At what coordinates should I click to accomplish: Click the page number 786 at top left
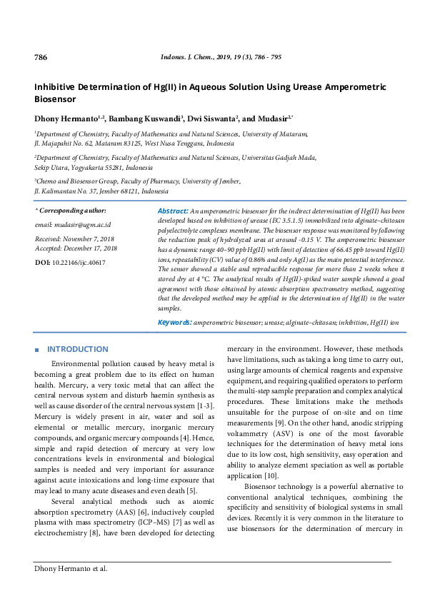(x=41, y=56)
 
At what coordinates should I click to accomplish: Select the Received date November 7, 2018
(x=91, y=238)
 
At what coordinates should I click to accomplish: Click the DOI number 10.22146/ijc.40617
(x=79, y=263)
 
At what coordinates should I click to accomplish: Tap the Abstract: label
(x=172, y=212)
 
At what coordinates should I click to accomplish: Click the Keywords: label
(x=174, y=323)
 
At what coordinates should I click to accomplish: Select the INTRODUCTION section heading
(x=77, y=350)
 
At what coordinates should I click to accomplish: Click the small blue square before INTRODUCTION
(x=37, y=350)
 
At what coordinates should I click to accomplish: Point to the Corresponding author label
(x=72, y=211)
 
